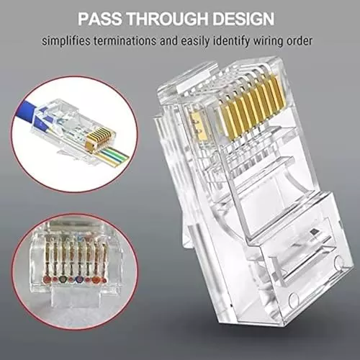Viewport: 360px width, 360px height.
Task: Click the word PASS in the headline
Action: tap(100, 19)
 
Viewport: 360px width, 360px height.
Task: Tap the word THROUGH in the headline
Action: tap(167, 19)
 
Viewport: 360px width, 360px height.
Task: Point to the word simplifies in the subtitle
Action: tap(66, 41)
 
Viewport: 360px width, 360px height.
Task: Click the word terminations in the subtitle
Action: tap(125, 41)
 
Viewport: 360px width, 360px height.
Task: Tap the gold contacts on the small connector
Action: tap(99, 139)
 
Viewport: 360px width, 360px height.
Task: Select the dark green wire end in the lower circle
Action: tap(63, 279)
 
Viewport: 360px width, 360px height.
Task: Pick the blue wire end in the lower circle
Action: tap(78, 279)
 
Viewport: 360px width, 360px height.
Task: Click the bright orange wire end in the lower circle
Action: tap(96, 279)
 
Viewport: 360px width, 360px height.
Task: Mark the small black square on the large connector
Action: tap(314, 232)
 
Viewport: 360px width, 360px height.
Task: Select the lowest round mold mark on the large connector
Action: tap(293, 300)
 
